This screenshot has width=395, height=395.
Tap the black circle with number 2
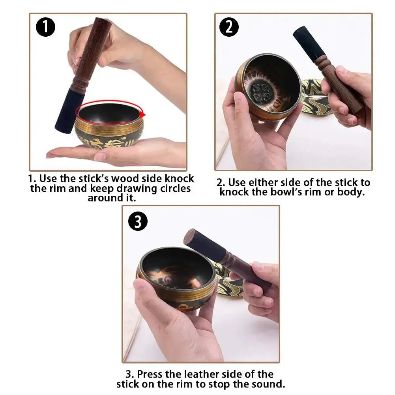tap(229, 27)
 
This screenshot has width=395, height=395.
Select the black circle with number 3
tap(138, 221)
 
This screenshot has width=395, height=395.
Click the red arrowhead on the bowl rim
tap(142, 114)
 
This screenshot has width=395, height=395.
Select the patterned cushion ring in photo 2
tap(316, 97)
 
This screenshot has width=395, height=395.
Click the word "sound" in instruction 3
tap(269, 384)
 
